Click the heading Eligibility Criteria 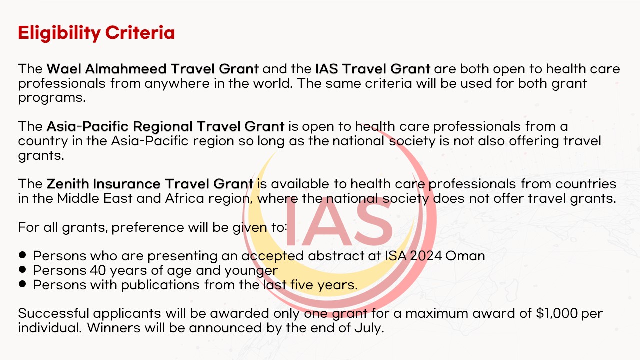[96, 33]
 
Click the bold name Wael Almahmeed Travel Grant [153, 69]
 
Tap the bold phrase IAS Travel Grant [373, 69]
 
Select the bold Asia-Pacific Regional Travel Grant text [165, 126]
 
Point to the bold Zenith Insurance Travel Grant [150, 184]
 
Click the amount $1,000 [557, 313]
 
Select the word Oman [465, 256]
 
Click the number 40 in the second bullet [98, 270]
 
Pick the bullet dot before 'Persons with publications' [22, 284]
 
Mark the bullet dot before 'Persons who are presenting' [22, 255]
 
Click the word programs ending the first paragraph [52, 98]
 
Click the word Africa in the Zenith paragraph [185, 198]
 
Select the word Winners [113, 328]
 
